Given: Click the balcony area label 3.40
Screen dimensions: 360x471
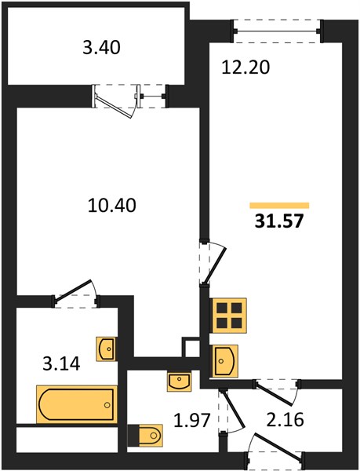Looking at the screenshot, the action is pos(101,48).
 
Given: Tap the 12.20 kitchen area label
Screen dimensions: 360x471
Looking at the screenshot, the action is pos(245,68).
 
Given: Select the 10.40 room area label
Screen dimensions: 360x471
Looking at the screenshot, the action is pos(112,206).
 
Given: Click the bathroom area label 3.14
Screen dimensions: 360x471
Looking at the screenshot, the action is pos(61,363).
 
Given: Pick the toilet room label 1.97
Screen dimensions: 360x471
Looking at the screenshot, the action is pos(191,420).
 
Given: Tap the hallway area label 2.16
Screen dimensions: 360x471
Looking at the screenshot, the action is pos(285,419).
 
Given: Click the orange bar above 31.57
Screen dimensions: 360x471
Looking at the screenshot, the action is pos(279,206).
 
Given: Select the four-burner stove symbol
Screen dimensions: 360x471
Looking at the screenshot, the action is pos(229,316).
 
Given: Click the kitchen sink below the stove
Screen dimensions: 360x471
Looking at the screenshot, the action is pos(225,361).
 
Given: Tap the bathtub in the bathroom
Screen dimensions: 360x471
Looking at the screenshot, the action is pos(77,404).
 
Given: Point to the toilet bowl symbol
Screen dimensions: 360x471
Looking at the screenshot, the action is pos(145,435).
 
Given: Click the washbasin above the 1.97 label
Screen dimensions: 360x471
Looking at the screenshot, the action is pos(179,381).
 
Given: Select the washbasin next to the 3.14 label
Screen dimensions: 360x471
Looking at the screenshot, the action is pos(106,349).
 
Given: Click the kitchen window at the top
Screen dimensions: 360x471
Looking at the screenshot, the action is pos(278,31).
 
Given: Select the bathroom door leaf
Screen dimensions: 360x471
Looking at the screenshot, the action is pos(73,290).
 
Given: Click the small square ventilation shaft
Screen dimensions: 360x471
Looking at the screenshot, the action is pos(191,348).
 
